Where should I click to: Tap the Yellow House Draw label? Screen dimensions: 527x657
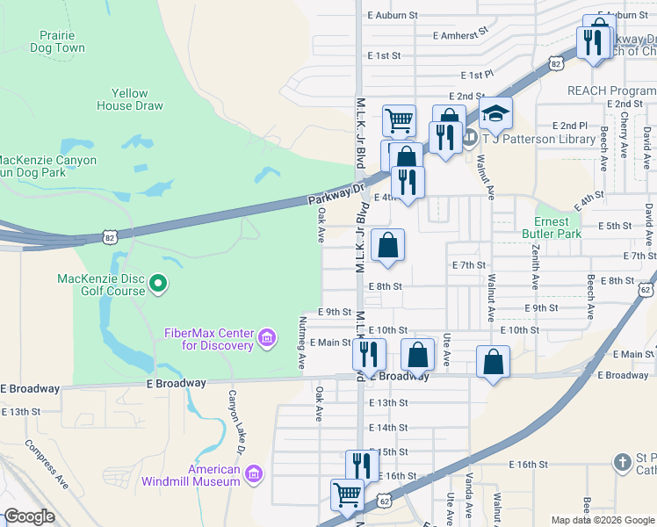136,99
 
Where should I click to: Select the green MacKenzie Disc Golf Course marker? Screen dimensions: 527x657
158,283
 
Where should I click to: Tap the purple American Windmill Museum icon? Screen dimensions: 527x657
254,475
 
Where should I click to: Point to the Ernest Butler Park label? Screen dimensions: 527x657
558,227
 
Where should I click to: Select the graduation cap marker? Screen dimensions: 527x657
495,114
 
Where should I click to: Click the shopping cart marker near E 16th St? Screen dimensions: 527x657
347,495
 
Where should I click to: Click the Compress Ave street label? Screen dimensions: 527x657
47,466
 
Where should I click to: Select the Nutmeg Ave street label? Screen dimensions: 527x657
301,343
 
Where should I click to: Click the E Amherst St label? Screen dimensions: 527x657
460,35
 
